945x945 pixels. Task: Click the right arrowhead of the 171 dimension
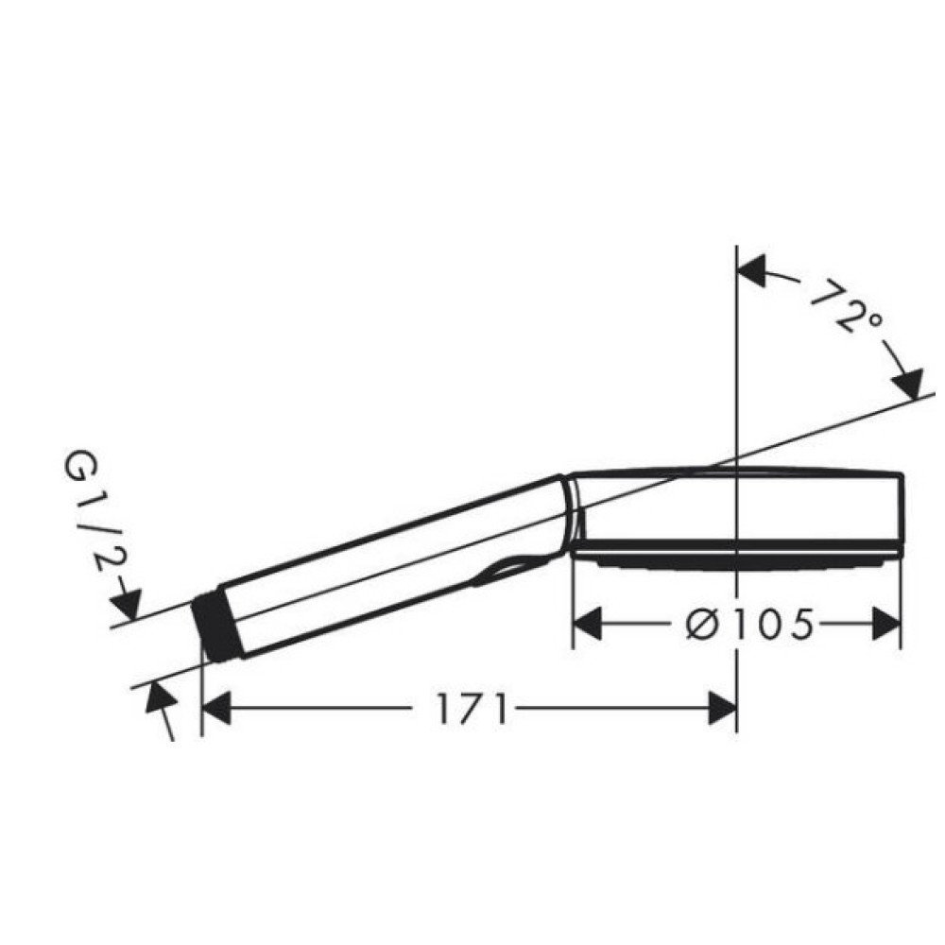[x=722, y=708]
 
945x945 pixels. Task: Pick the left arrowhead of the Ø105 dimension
[x=588, y=623]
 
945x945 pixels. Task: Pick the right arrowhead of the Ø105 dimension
[x=886, y=623]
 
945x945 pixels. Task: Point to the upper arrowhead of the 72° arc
[x=751, y=269]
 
